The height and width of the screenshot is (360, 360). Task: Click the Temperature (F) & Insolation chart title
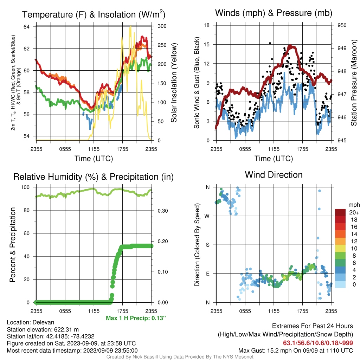coord(94,14)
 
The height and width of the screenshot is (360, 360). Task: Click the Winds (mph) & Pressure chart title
coord(274,13)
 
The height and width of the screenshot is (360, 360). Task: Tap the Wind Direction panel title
coord(274,175)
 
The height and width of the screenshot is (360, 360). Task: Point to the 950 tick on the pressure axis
coord(342,25)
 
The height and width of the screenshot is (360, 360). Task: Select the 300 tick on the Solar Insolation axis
coord(162,26)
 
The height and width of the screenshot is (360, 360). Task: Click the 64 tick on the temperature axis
coord(26,27)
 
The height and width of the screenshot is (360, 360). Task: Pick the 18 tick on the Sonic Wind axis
coord(207,25)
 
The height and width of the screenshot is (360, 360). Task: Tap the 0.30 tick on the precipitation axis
coord(163,211)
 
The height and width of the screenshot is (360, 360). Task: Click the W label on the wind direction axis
coord(207,216)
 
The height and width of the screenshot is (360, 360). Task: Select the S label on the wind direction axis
coord(207,245)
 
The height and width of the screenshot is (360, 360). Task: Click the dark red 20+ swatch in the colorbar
coord(340,212)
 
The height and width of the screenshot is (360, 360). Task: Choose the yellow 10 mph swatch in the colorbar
coord(340,249)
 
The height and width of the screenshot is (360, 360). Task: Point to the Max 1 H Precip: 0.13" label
coord(136,318)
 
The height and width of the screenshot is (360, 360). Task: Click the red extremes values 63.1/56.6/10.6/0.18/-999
coord(318,343)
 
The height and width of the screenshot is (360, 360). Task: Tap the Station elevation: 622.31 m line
coord(43,330)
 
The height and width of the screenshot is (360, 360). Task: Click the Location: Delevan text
coord(31,322)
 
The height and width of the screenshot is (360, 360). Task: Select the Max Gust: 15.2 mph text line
coord(296,351)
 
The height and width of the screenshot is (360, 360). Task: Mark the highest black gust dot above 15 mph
coord(270,43)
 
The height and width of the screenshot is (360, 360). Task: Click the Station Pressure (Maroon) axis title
coord(354,83)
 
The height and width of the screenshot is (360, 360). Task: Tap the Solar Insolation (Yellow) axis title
coord(174,83)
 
